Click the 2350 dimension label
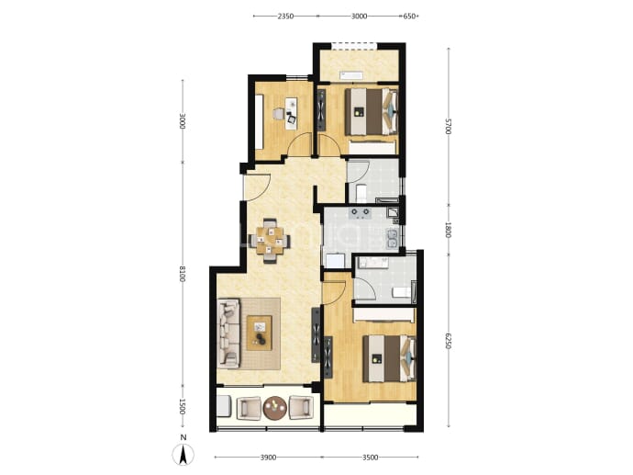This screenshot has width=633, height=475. pyautogui.click(x=285, y=17)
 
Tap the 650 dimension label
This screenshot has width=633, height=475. pyautogui.click(x=409, y=17)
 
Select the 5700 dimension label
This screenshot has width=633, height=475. pyautogui.click(x=448, y=126)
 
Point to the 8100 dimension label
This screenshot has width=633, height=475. pyautogui.click(x=182, y=274)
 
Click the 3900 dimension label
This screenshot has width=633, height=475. pyautogui.click(x=268, y=458)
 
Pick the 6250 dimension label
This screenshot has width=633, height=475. pyautogui.click(x=448, y=341)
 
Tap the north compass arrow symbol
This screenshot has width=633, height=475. pyautogui.click(x=183, y=455)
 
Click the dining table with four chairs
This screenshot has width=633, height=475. pyautogui.click(x=270, y=241)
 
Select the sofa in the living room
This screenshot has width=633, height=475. pyautogui.click(x=228, y=334)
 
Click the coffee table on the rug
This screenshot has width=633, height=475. pyautogui.click(x=260, y=334)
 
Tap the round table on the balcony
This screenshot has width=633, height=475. pyautogui.click(x=274, y=407)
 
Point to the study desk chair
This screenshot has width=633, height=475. pyautogui.click(x=279, y=114)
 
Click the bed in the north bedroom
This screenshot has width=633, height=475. pyautogui.click(x=372, y=111)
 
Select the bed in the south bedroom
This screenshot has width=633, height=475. pyautogui.click(x=389, y=358)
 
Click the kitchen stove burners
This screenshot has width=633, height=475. pyautogui.click(x=360, y=212)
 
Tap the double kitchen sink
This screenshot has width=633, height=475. pyautogui.click(x=392, y=239)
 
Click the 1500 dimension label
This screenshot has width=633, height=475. pyautogui.click(x=182, y=406)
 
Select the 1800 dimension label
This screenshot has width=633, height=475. pyautogui.click(x=448, y=230)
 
